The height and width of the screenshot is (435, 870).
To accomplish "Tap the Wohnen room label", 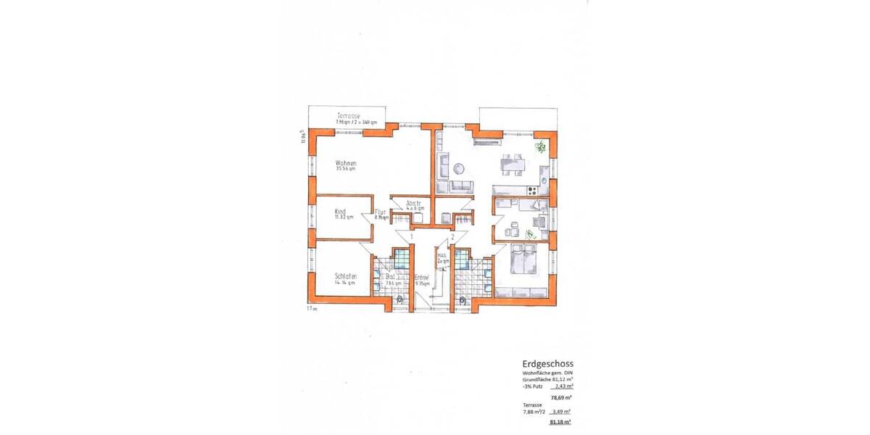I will [345, 163].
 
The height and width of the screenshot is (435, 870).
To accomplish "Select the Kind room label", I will [340, 211].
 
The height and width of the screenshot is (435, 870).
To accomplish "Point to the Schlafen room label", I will [345, 276].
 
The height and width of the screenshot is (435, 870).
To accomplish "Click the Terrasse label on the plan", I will [348, 116].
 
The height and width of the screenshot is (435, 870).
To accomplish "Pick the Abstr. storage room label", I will [415, 203].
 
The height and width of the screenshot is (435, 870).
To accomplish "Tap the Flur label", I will [379, 212].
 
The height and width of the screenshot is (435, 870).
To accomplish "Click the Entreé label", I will [421, 277].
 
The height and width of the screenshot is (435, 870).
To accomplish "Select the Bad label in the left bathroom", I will [390, 277].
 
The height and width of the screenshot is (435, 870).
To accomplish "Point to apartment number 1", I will [411, 236].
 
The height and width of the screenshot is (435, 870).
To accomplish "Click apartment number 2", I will [452, 236].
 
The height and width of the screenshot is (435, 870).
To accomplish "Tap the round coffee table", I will [458, 168].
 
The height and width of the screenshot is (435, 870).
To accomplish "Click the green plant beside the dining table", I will [539, 148].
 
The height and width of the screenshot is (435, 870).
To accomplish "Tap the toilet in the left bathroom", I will [400, 299].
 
